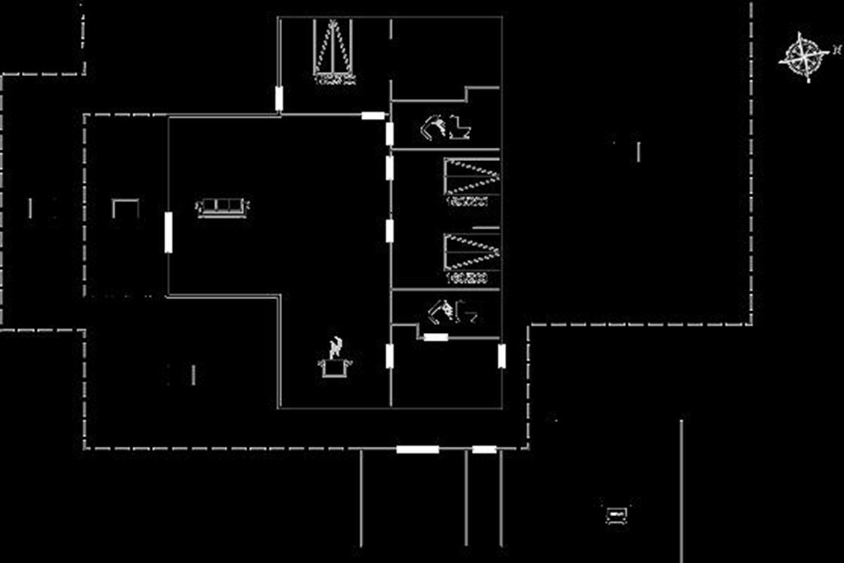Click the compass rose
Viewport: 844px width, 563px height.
click(803, 56)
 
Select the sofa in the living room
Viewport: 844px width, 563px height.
click(222, 207)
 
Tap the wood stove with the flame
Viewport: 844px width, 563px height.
click(336, 359)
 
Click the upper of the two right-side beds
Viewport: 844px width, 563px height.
click(472, 176)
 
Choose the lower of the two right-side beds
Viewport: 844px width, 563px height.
click(472, 251)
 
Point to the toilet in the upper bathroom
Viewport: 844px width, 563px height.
click(460, 127)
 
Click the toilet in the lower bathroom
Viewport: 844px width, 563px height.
click(466, 312)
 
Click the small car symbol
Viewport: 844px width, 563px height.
click(616, 514)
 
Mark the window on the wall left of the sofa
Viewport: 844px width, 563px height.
click(169, 232)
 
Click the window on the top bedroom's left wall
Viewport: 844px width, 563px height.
click(279, 99)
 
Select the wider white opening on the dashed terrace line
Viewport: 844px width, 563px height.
click(417, 449)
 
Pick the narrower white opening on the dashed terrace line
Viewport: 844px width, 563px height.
click(484, 449)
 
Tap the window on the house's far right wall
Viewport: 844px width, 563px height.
click(501, 356)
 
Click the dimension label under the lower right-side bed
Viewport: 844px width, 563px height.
click(466, 279)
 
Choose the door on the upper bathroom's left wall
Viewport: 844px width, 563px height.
click(390, 133)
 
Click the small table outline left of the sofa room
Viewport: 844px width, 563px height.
click(125, 208)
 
